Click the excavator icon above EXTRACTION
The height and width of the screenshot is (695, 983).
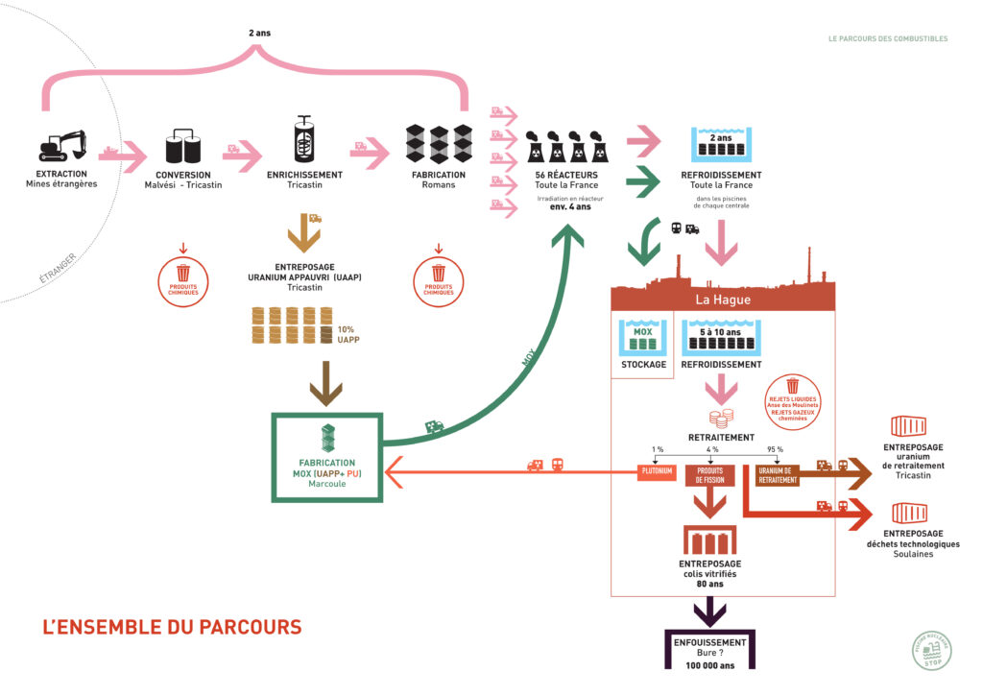coord(61,146)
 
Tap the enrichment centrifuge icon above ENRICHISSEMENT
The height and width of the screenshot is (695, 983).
coord(303,141)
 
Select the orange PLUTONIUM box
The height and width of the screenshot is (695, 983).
coord(659,472)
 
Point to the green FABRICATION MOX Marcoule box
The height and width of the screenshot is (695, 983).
coord(327,457)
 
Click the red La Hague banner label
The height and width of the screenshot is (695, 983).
coord(724,300)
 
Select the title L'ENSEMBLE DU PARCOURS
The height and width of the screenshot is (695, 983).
coord(172,627)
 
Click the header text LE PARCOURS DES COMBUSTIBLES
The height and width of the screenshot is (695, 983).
coord(887,39)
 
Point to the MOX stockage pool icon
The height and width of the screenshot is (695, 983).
coord(643,341)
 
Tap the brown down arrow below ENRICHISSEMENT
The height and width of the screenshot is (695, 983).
coord(303,232)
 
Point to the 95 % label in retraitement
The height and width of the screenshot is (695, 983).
coord(775,449)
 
